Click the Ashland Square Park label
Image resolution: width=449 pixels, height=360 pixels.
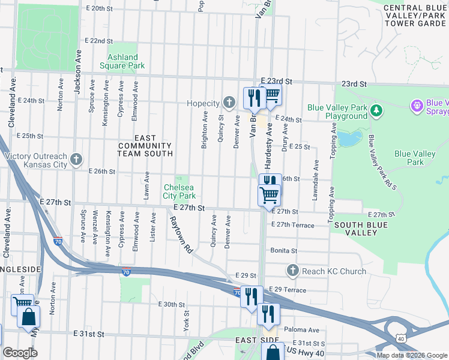(x=126, y=61)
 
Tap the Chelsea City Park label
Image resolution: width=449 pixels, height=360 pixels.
(x=179, y=191)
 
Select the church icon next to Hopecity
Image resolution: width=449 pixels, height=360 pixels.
(x=228, y=103)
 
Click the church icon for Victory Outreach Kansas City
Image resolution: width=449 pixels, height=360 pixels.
(x=76, y=159)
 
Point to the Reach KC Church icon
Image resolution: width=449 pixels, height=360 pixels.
(x=292, y=271)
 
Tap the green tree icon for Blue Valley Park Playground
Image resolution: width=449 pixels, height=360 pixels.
(x=376, y=110)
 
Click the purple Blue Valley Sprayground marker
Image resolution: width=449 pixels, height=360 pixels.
(x=417, y=106)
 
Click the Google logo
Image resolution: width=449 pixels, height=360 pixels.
(x=20, y=353)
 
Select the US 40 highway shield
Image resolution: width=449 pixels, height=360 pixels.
(x=401, y=339)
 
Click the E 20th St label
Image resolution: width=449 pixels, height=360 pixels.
(x=100, y=9)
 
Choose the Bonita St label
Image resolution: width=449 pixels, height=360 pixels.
(x=285, y=251)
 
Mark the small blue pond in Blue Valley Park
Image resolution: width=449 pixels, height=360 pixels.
(x=348, y=138)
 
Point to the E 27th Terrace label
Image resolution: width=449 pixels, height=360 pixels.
(x=292, y=224)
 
